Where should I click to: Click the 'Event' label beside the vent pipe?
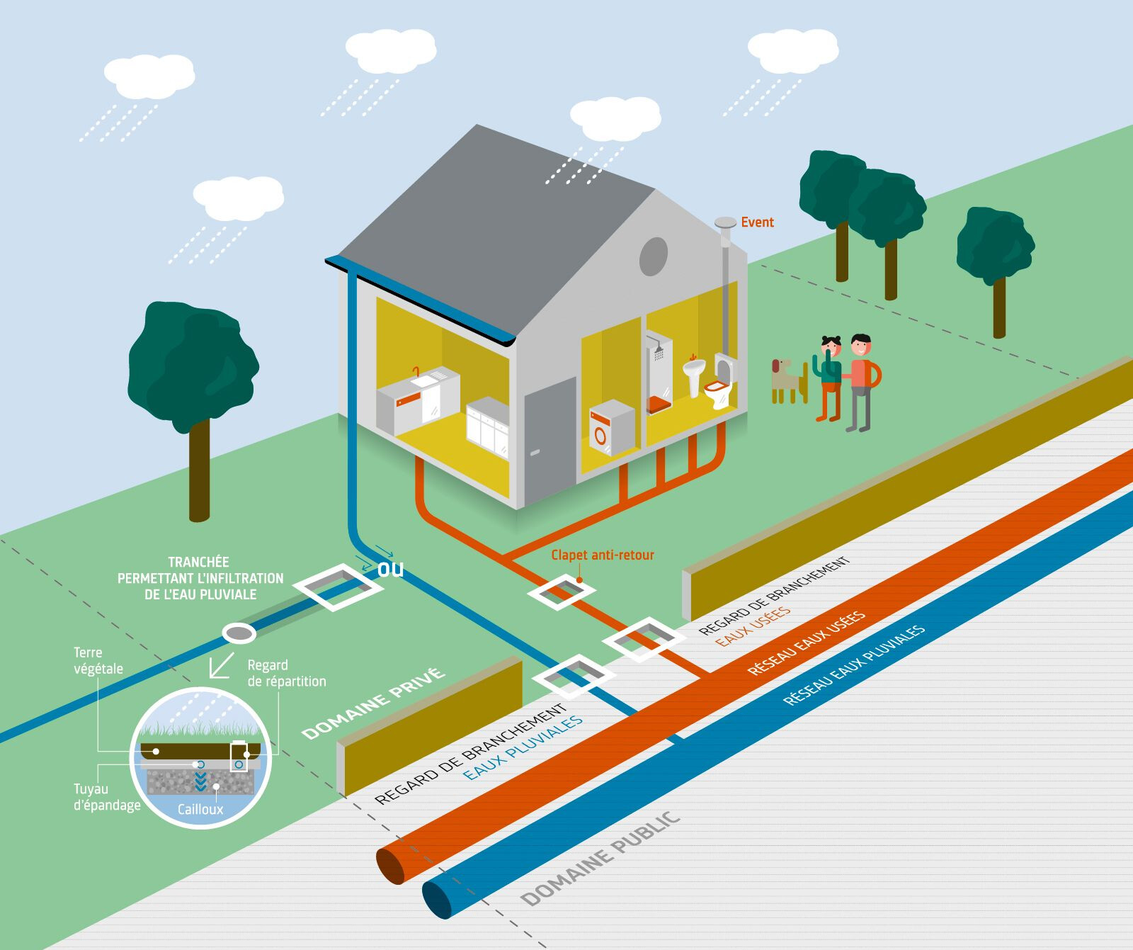click(x=757, y=222)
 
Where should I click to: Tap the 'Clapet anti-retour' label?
click(x=603, y=555)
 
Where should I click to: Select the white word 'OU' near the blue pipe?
click(x=390, y=570)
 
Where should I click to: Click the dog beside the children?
click(x=786, y=380)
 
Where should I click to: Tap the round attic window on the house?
click(x=654, y=256)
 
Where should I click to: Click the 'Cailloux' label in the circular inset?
click(x=200, y=809)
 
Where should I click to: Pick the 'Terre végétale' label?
click(x=98, y=660)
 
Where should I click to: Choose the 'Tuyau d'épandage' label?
click(x=107, y=797)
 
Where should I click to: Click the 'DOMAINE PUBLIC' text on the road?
click(x=600, y=859)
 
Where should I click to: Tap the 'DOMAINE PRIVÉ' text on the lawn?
click(x=373, y=703)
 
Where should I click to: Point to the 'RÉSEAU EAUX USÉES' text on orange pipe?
click(x=807, y=643)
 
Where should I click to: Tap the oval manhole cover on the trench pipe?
click(x=239, y=633)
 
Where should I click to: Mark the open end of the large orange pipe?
click(x=392, y=864)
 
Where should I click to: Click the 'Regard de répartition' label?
click(x=286, y=673)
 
